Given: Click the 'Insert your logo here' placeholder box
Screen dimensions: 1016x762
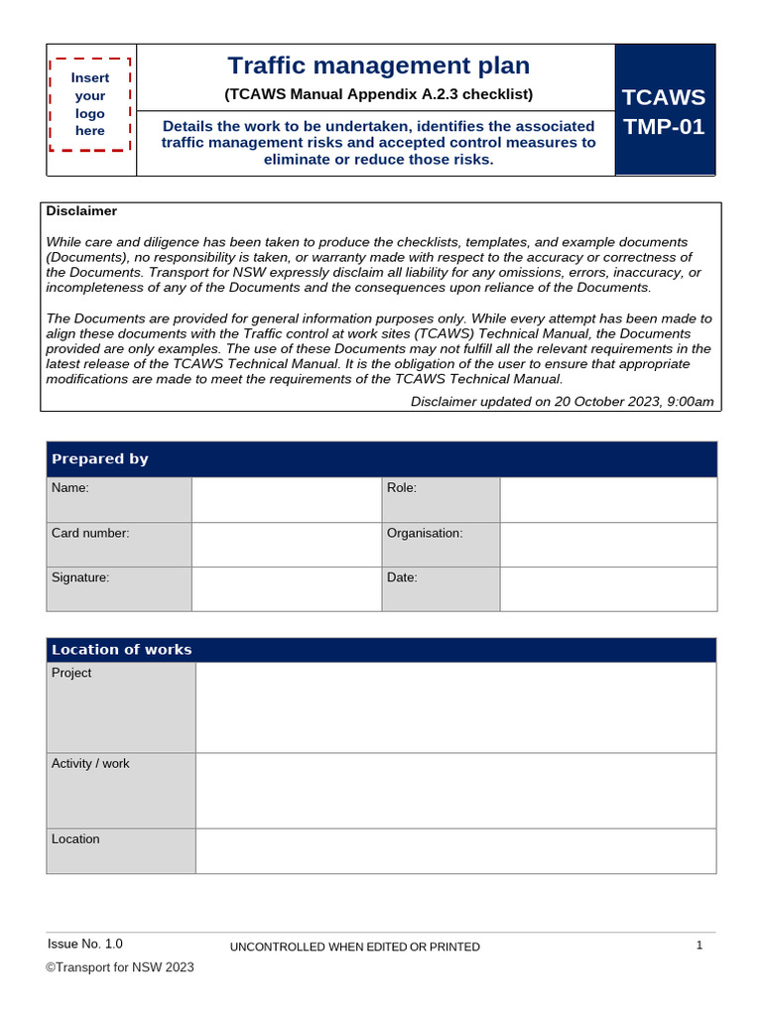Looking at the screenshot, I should tap(90, 104).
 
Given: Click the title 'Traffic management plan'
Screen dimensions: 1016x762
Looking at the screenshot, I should tap(378, 65).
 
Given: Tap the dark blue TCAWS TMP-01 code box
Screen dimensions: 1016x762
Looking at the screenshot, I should tap(664, 110).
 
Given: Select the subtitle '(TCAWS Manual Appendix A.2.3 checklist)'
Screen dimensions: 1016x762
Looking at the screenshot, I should tap(378, 94).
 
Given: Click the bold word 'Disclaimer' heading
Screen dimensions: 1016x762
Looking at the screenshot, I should tap(81, 211).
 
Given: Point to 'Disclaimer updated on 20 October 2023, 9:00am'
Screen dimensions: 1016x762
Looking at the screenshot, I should tap(562, 401).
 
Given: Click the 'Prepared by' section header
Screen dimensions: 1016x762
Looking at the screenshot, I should tap(100, 458).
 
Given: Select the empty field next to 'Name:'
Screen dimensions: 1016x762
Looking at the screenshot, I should tap(286, 499).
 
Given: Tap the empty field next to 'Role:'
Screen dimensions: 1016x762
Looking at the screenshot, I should tap(607, 499).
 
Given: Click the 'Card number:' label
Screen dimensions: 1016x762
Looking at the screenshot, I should tap(90, 533).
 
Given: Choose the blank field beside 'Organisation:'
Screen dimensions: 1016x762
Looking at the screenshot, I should tap(607, 544).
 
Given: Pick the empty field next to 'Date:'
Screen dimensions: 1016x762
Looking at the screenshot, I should tap(607, 588).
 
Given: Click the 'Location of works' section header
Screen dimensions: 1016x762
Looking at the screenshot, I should tap(122, 650).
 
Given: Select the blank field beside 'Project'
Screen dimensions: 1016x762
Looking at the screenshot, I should tap(455, 707).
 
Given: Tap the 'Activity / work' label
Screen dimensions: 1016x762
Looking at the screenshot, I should tap(90, 763).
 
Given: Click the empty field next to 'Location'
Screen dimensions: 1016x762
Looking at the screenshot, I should tap(455, 851).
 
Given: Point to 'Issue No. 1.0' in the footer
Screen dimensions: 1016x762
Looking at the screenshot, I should tap(85, 944).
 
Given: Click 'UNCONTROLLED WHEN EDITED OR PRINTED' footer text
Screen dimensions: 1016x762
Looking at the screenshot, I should tap(354, 948).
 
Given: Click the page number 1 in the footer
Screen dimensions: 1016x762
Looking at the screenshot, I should tap(699, 946).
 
